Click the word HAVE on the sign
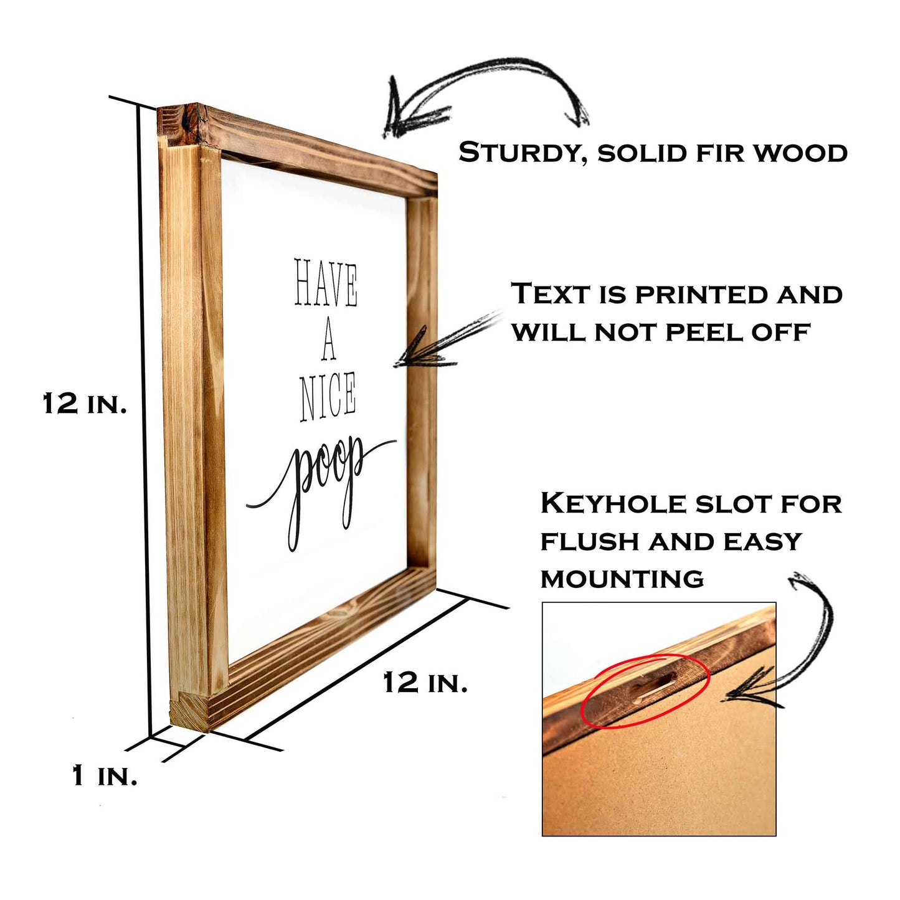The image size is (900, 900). click(x=326, y=283)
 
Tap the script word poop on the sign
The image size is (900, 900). click(x=322, y=490)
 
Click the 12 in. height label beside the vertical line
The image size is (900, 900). click(x=85, y=404)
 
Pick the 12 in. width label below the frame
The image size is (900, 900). click(x=425, y=683)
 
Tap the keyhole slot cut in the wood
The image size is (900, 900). click(x=654, y=691)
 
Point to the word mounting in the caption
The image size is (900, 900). click(x=622, y=579)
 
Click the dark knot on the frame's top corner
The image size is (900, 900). click(x=191, y=120)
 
